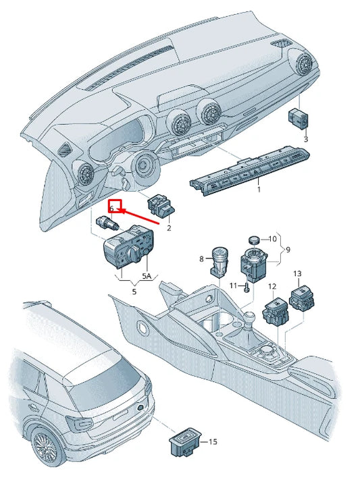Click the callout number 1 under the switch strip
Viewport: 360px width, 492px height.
(258, 190)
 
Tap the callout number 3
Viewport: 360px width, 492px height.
(305, 139)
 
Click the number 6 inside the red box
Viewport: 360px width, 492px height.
(113, 210)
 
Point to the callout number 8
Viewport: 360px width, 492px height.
(201, 259)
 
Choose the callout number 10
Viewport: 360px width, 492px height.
(273, 239)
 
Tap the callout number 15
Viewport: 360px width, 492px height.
(213, 442)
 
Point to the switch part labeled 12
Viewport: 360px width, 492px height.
(275, 310)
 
